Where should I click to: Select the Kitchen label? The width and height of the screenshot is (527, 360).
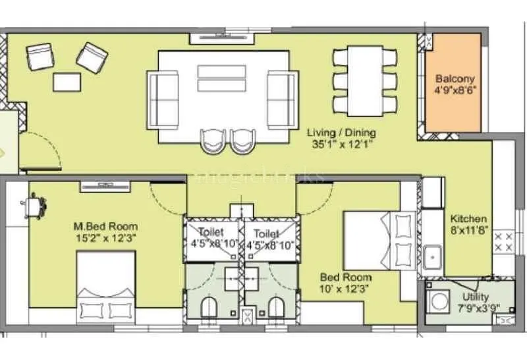(468, 219)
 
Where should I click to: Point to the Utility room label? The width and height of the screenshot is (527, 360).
(475, 297)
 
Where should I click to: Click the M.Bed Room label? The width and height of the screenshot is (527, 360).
(105, 227)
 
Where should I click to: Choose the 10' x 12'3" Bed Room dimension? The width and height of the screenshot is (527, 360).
(345, 289)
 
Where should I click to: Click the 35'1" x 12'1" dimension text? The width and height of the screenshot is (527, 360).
(343, 143)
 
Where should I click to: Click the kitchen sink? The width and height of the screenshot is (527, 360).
(433, 256)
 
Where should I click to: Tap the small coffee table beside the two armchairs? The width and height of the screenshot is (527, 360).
(67, 82)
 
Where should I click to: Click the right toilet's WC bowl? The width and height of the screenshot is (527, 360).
(275, 307)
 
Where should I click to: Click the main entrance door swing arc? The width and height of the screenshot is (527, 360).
(41, 148)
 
